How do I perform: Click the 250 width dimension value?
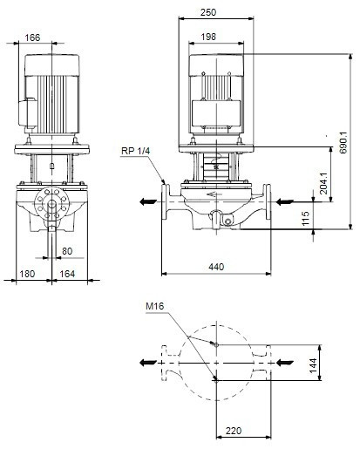[x=208, y=12]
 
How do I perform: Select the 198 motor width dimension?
[x=208, y=37]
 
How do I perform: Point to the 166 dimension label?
[x=32, y=37]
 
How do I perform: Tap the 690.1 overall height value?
[x=343, y=142]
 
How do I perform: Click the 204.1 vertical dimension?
[x=323, y=183]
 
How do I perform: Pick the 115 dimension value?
[x=305, y=218]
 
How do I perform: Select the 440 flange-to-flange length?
[x=216, y=267]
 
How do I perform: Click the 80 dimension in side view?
[x=67, y=251]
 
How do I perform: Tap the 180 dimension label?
[x=27, y=274]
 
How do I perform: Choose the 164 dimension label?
[x=67, y=274]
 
